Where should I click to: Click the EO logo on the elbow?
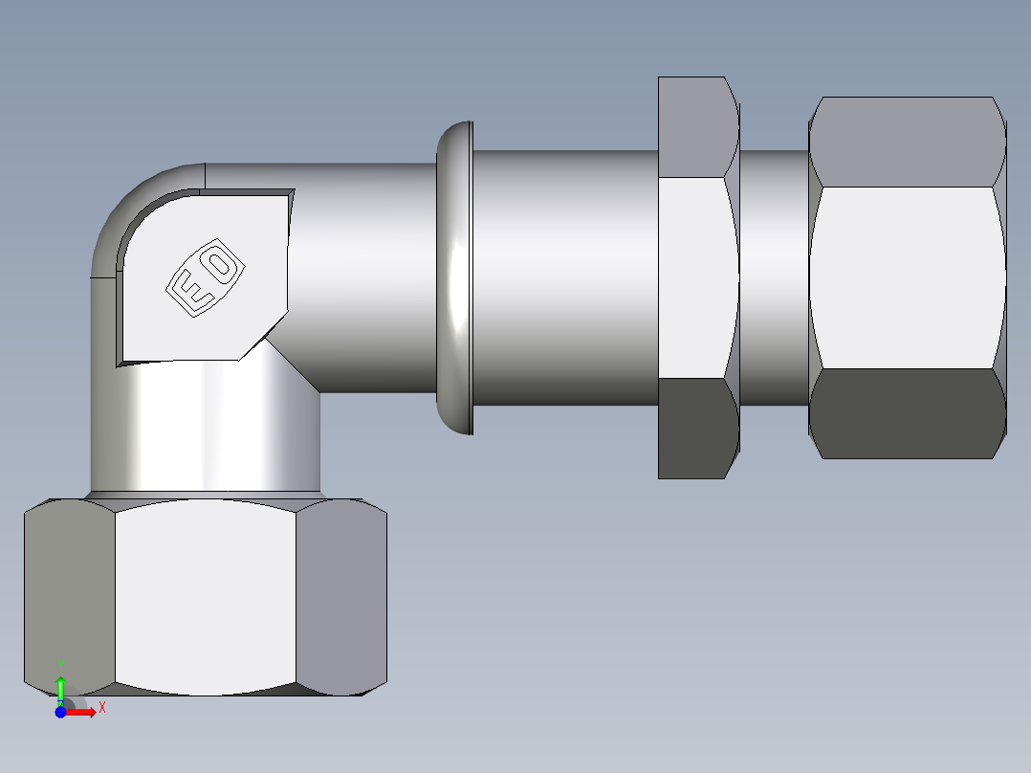click(x=204, y=277)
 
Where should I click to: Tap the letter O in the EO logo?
click(x=219, y=264)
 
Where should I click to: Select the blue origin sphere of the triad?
click(x=60, y=712)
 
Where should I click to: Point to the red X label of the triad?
click(x=101, y=708)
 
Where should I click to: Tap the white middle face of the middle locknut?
click(x=696, y=277)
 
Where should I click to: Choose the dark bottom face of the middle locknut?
click(x=696, y=428)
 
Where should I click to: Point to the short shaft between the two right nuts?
click(x=774, y=277)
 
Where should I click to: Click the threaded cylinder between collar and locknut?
click(x=564, y=277)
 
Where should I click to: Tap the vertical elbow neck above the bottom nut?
click(x=206, y=431)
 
